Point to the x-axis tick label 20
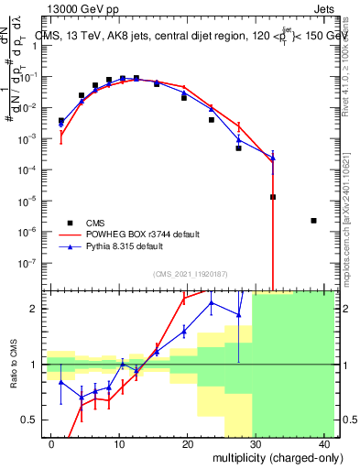(187, 444)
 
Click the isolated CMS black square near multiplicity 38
(313, 221)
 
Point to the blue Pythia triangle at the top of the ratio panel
(212, 302)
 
